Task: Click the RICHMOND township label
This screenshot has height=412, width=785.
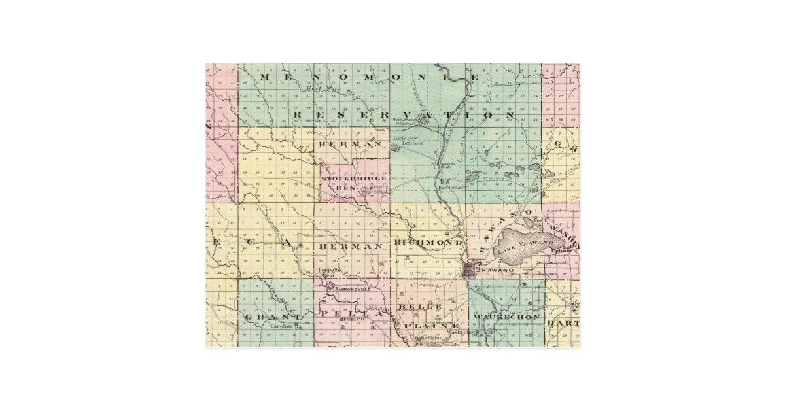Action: click(x=428, y=243)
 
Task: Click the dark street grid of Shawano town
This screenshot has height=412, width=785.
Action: click(x=470, y=269)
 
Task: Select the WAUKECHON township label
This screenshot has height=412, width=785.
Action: click(x=507, y=317)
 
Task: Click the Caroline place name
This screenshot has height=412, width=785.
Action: click(x=282, y=324)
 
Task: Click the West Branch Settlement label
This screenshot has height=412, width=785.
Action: click(x=406, y=121)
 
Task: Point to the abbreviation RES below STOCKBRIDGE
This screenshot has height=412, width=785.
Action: click(x=344, y=188)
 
